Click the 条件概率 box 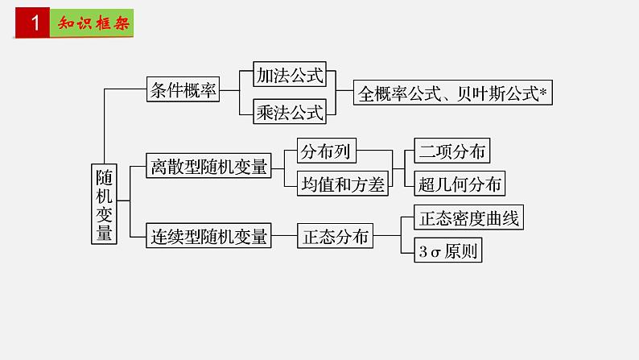(x=183, y=91)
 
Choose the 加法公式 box (x=290, y=76)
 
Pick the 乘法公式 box (x=290, y=112)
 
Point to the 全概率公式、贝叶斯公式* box (x=454, y=93)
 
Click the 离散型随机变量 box (x=208, y=168)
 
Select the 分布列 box (x=327, y=151)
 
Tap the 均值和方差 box (x=343, y=184)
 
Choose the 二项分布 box (x=451, y=151)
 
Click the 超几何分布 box (x=460, y=184)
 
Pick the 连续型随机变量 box (x=208, y=237)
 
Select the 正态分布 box (x=336, y=237)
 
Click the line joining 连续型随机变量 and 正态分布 (x=283, y=237)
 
